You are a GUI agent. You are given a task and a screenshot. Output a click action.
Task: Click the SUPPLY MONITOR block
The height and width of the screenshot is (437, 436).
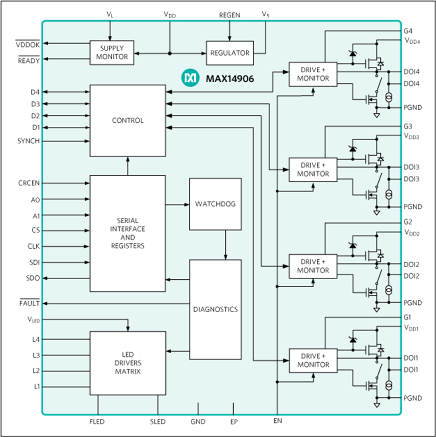click(112, 53)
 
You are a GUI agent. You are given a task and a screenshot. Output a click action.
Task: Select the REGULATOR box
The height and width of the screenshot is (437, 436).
click(230, 53)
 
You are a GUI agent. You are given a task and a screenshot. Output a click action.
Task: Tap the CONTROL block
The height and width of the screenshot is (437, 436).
click(128, 120)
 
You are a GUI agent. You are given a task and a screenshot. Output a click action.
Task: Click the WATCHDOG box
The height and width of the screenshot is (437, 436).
click(215, 204)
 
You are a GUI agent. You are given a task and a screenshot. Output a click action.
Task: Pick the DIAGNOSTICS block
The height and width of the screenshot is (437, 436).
click(215, 309)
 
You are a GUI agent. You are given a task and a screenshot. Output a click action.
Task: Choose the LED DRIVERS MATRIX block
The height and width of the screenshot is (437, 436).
click(128, 363)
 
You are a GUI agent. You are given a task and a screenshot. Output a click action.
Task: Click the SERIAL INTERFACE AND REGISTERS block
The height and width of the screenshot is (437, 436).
click(128, 233)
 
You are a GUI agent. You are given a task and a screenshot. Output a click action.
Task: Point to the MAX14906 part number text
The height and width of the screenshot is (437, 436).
click(230, 79)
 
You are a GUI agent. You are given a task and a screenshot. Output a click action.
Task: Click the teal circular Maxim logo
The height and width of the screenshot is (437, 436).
click(190, 78)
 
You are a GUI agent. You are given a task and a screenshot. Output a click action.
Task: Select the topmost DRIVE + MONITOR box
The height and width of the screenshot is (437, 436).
click(313, 74)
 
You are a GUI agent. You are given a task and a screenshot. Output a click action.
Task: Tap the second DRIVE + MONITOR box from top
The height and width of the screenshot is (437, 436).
click(313, 170)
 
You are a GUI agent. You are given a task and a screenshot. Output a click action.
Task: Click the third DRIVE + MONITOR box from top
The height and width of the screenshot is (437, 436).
click(313, 266)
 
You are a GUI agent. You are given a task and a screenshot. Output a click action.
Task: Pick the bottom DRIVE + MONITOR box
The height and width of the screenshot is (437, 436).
click(313, 360)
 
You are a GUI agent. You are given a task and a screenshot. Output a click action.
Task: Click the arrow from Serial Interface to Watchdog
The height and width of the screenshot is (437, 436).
click(177, 205)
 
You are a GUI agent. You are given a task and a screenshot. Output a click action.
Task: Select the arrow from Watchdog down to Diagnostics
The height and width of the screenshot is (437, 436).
click(226, 245)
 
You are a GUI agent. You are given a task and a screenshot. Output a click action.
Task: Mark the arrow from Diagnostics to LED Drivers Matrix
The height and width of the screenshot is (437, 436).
click(178, 351)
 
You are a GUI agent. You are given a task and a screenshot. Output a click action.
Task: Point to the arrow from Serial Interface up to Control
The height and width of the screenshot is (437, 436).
click(128, 166)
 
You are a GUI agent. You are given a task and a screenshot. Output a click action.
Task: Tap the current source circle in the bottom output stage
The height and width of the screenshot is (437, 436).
click(389, 385)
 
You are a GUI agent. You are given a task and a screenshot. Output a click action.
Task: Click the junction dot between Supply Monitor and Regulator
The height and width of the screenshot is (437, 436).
click(170, 53)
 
